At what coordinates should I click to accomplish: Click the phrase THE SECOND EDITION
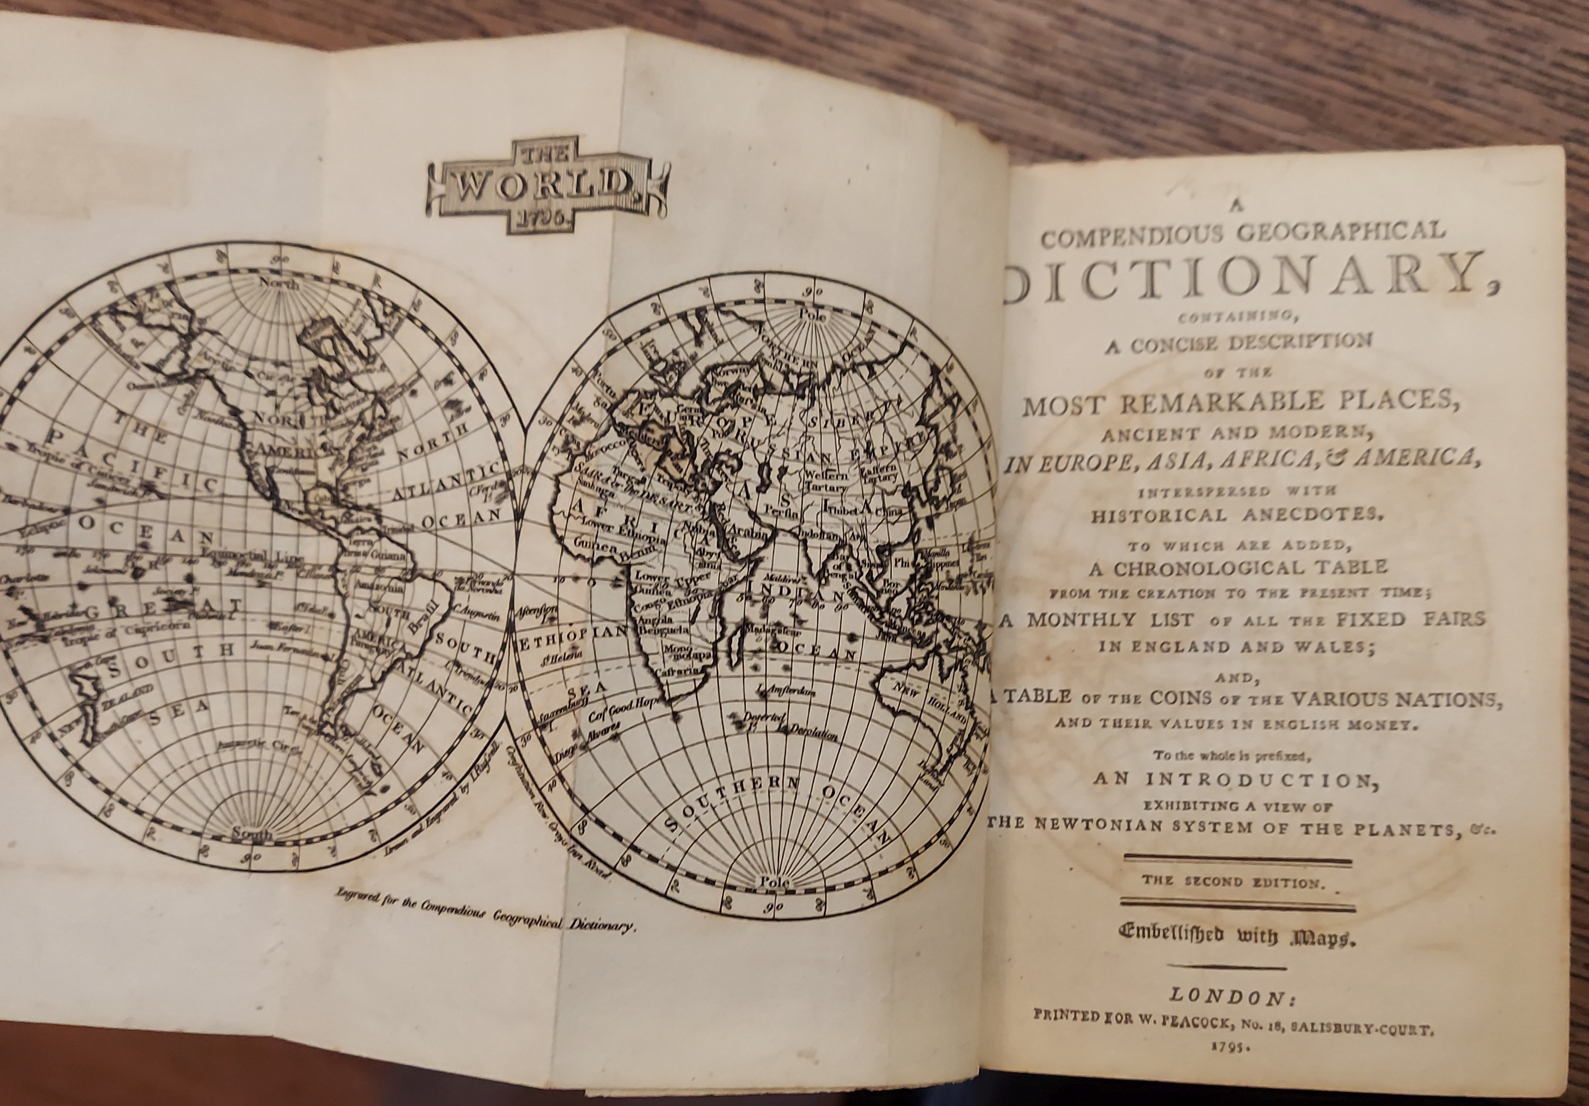pyautogui.click(x=1237, y=882)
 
